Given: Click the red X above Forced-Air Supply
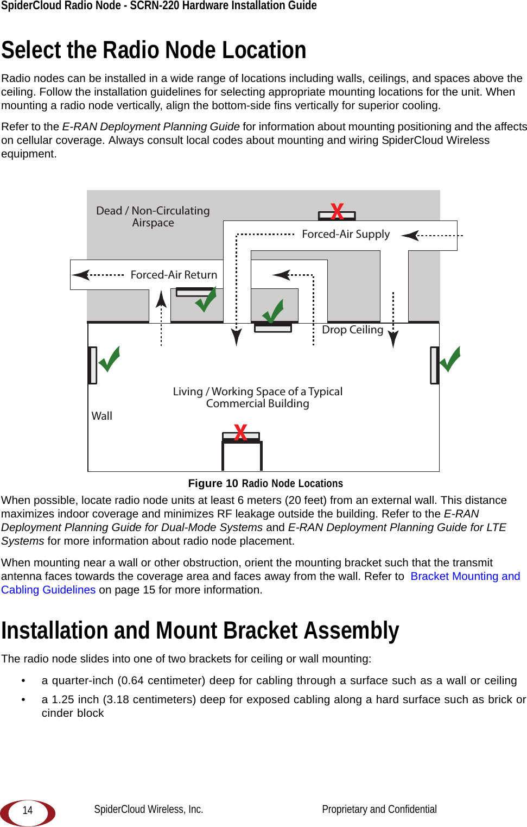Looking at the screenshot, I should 337,211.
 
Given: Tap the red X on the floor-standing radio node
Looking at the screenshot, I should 240,433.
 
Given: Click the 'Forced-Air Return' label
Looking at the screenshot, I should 174,275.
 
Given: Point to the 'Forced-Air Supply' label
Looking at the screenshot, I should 346,234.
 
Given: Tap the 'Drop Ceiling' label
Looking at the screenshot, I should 352,330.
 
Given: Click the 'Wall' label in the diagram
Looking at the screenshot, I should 101,416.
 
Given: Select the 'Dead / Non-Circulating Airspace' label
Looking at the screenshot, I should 153,216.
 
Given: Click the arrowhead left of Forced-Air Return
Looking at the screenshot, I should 81,275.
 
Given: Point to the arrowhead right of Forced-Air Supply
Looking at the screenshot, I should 410,235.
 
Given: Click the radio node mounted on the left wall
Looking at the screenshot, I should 93,365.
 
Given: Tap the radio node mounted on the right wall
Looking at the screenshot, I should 434,365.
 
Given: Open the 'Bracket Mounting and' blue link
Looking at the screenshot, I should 465,576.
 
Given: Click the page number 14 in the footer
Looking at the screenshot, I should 28,811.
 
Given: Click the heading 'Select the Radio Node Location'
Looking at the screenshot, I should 154,50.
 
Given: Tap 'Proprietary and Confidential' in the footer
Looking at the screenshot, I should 379,809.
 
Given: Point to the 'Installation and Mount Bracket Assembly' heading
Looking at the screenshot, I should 200,631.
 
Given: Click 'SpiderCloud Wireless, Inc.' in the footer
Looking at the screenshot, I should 148,809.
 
